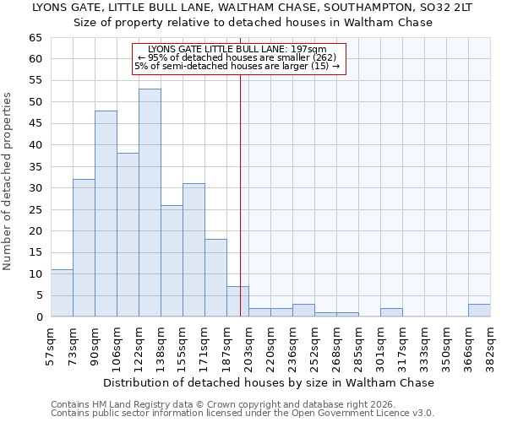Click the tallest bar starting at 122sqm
150,203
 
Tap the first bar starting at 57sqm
62,293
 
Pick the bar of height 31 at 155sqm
194,250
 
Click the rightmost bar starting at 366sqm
479,311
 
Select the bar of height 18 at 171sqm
215,278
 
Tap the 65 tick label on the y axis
35,38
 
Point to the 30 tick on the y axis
35,188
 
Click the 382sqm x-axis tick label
490,344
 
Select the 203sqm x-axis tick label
248,344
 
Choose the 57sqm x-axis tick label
51,344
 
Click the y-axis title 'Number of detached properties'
8,181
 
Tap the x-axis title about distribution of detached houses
269,382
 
